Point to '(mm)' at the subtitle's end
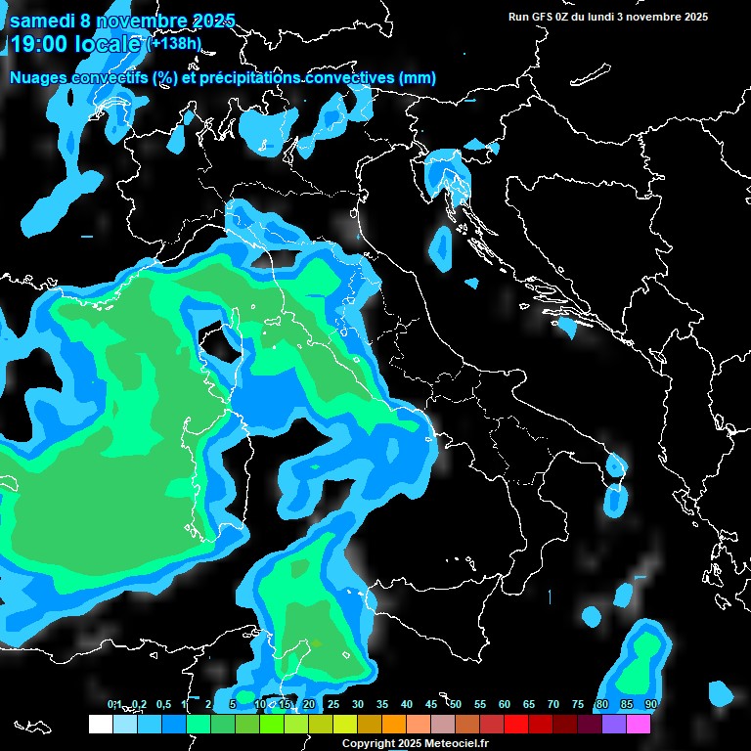point(417,77)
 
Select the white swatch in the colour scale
point(100,724)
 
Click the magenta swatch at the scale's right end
point(639,724)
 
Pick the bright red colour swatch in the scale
point(516,724)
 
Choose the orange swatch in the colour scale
point(394,724)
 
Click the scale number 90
point(650,704)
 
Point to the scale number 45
point(431,704)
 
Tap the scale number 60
point(505,704)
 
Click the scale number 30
point(358,704)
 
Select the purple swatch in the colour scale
point(614,724)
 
